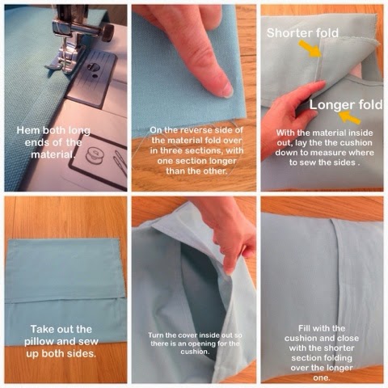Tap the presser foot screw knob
[108, 32]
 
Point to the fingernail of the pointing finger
[226, 90]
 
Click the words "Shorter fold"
[302, 33]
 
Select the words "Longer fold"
[346, 104]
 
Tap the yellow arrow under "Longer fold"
[350, 118]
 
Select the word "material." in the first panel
[52, 154]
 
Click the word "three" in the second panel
[171, 150]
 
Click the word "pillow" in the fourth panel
[39, 342]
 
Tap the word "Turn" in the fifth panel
[155, 335]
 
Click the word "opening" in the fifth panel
[208, 344]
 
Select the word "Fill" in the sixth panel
[305, 328]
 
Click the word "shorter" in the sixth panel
[339, 348]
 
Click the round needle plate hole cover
[93, 67]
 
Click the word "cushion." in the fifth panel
[194, 352]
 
